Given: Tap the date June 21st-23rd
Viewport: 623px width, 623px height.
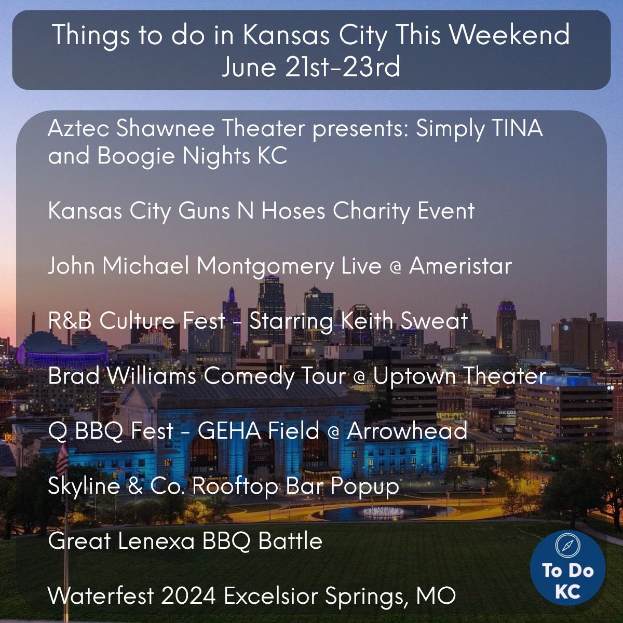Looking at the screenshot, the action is pyautogui.click(x=311, y=66).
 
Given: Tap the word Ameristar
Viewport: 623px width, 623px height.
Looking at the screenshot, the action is pyautogui.click(x=461, y=266).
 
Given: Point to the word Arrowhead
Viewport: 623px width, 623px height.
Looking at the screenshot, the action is pyautogui.click(x=408, y=430).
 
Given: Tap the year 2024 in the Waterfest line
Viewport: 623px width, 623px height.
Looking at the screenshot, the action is pyautogui.click(x=188, y=596).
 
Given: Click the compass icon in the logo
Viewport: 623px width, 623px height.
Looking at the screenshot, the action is pyautogui.click(x=567, y=545).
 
